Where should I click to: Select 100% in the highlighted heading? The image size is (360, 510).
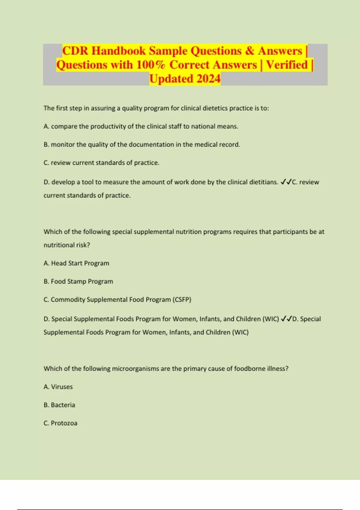(151, 65)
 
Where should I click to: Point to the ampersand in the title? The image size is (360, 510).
(250, 51)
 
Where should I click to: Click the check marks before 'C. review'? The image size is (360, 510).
(286, 182)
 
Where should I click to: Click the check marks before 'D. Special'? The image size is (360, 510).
(286, 319)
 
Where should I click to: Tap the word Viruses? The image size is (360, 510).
(62, 387)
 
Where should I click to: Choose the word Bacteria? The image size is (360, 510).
(63, 405)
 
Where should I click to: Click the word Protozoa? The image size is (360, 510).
(64, 423)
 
